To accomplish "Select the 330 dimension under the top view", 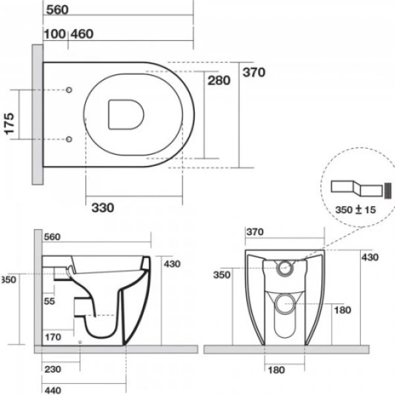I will tap(102, 207).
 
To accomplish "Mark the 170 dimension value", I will tap(53, 338).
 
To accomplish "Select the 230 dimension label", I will tap(53, 369).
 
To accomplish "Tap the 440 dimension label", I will tap(53, 390).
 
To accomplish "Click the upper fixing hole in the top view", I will tap(70, 90).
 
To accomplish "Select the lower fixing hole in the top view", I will tap(70, 139).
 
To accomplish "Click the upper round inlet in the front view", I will tap(286, 267).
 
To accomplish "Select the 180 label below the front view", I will tap(277, 369).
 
